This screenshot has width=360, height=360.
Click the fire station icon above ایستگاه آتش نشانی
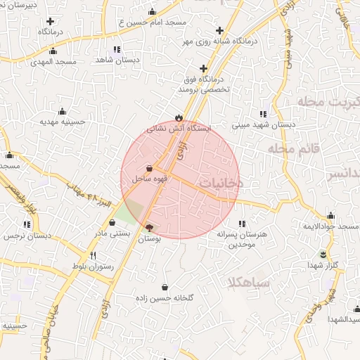click(179, 117)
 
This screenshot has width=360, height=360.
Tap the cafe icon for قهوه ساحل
click(150, 168)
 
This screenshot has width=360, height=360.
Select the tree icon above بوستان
click(148, 227)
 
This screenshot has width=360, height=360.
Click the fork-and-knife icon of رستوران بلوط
click(94, 256)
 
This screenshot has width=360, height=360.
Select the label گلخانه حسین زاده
click(165, 298)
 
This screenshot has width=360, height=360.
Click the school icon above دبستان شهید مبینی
click(263, 114)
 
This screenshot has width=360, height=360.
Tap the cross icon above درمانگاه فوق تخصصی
click(204, 69)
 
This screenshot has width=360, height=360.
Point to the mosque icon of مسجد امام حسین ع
click(152, 11)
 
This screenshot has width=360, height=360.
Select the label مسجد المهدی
click(53, 62)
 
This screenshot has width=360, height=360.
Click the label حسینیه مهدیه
click(62, 122)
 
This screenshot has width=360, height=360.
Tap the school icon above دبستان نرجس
click(27, 224)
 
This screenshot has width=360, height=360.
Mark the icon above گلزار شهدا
click(323, 254)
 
